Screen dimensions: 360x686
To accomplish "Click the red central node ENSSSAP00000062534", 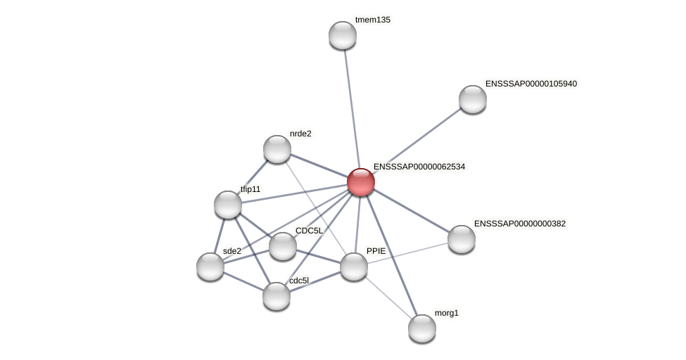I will pyautogui.click(x=361, y=182).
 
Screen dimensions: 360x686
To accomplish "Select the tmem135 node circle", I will pyautogui.click(x=343, y=35).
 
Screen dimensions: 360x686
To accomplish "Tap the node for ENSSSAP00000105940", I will pyautogui.click(x=473, y=99).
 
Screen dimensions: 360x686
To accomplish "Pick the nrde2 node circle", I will pyautogui.click(x=277, y=149).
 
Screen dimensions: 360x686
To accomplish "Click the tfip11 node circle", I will pyautogui.click(x=228, y=205).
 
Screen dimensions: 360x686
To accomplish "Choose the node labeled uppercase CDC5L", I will pyautogui.click(x=283, y=246).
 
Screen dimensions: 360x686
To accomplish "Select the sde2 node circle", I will pyautogui.click(x=210, y=266).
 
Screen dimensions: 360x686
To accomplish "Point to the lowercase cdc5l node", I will pyautogui.click(x=277, y=296).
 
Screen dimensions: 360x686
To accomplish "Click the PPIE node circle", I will pyautogui.click(x=354, y=266).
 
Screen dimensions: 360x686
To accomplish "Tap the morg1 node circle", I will pyautogui.click(x=422, y=328).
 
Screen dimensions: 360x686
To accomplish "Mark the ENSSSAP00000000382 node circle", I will pyautogui.click(x=462, y=239).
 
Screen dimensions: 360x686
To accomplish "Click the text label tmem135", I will pyautogui.click(x=373, y=20).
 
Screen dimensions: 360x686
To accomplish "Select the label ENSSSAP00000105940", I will pyautogui.click(x=531, y=84).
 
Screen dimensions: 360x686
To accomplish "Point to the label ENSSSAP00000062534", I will pyautogui.click(x=419, y=167).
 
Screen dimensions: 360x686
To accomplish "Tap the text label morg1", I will pyautogui.click(x=446, y=313).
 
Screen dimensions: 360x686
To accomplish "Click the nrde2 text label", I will pyautogui.click(x=300, y=134).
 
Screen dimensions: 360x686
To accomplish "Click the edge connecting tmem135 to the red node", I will pyautogui.click(x=352, y=105).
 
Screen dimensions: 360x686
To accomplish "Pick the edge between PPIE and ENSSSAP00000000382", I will pyautogui.click(x=408, y=252).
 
